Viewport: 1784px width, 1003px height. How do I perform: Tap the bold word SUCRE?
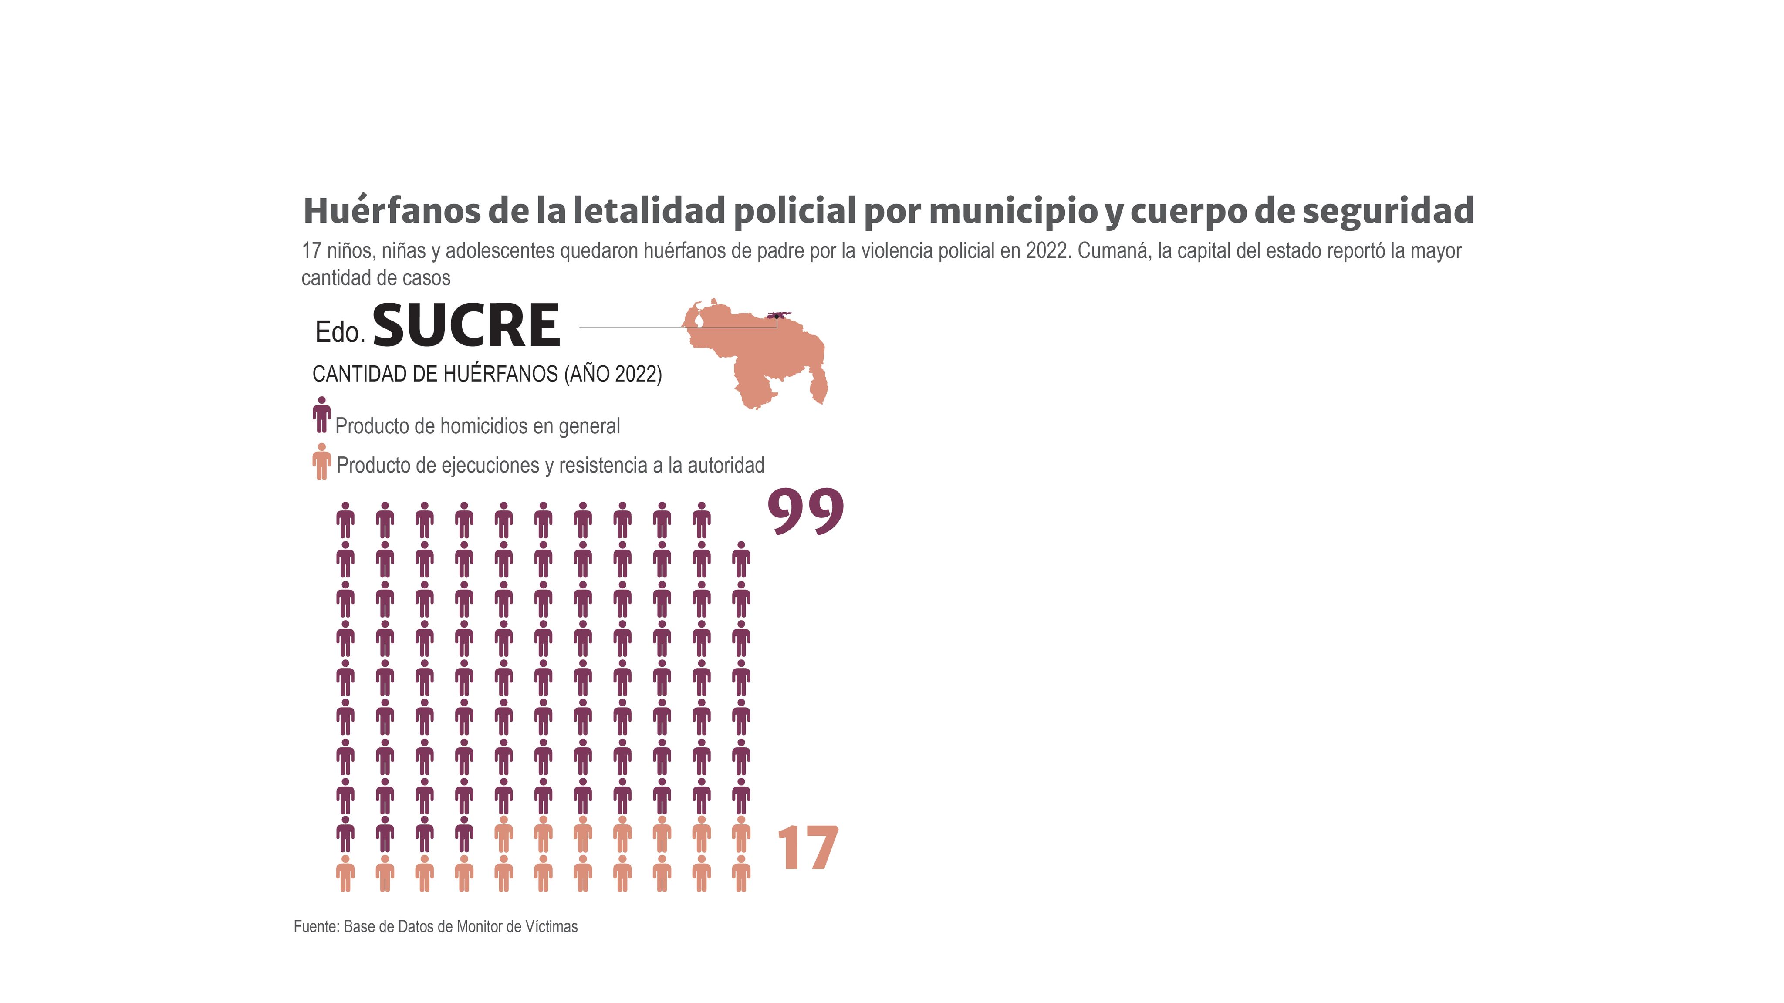click(466, 326)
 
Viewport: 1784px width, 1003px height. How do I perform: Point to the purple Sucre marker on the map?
click(778, 315)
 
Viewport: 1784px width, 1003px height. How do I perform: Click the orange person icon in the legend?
click(321, 461)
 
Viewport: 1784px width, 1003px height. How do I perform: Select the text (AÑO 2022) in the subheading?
click(613, 374)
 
